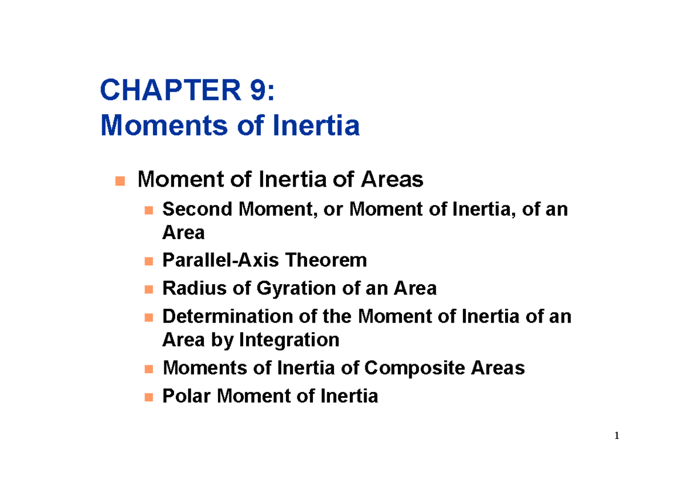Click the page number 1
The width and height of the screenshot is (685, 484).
(616, 437)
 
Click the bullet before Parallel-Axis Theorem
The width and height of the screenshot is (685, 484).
(148, 262)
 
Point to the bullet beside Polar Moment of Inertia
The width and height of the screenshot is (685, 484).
(148, 397)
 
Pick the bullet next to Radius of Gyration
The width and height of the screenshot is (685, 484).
(148, 289)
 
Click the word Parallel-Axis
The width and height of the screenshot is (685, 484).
(221, 261)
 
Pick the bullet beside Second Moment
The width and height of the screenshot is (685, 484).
(148, 211)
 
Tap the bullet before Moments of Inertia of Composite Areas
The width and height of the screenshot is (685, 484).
(148, 369)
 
